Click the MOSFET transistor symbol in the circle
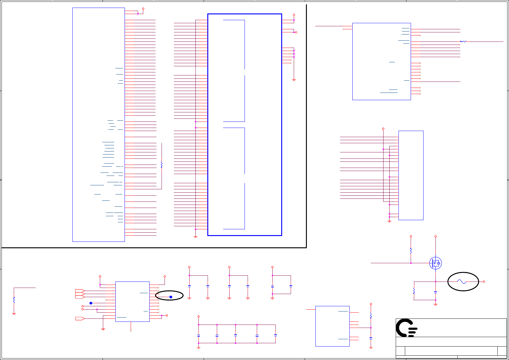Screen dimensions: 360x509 [435, 263]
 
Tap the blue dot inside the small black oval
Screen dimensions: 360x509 [171, 297]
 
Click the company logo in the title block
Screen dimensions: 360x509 [406, 328]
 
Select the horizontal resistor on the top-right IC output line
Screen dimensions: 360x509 [463, 42]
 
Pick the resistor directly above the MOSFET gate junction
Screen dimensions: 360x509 [411, 251]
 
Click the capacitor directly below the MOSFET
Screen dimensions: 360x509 [435, 292]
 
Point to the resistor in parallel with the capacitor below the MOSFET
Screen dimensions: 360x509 [414, 292]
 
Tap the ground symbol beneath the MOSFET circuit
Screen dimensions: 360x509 [435, 304]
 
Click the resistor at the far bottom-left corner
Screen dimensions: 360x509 [14, 300]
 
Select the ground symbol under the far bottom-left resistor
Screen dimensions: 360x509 [14, 314]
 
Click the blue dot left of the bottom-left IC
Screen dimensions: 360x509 [91, 303]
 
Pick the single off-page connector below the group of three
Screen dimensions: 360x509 [80, 318]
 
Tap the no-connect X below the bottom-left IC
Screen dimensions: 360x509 [131, 331]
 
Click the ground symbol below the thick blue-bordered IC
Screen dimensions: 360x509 [195, 237]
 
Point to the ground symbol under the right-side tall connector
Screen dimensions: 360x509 [389, 221]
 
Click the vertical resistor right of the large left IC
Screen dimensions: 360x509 [162, 165]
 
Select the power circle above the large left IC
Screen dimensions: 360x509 [143, 9]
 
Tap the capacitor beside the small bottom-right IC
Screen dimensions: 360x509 [371, 338]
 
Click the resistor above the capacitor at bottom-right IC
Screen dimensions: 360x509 [371, 315]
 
